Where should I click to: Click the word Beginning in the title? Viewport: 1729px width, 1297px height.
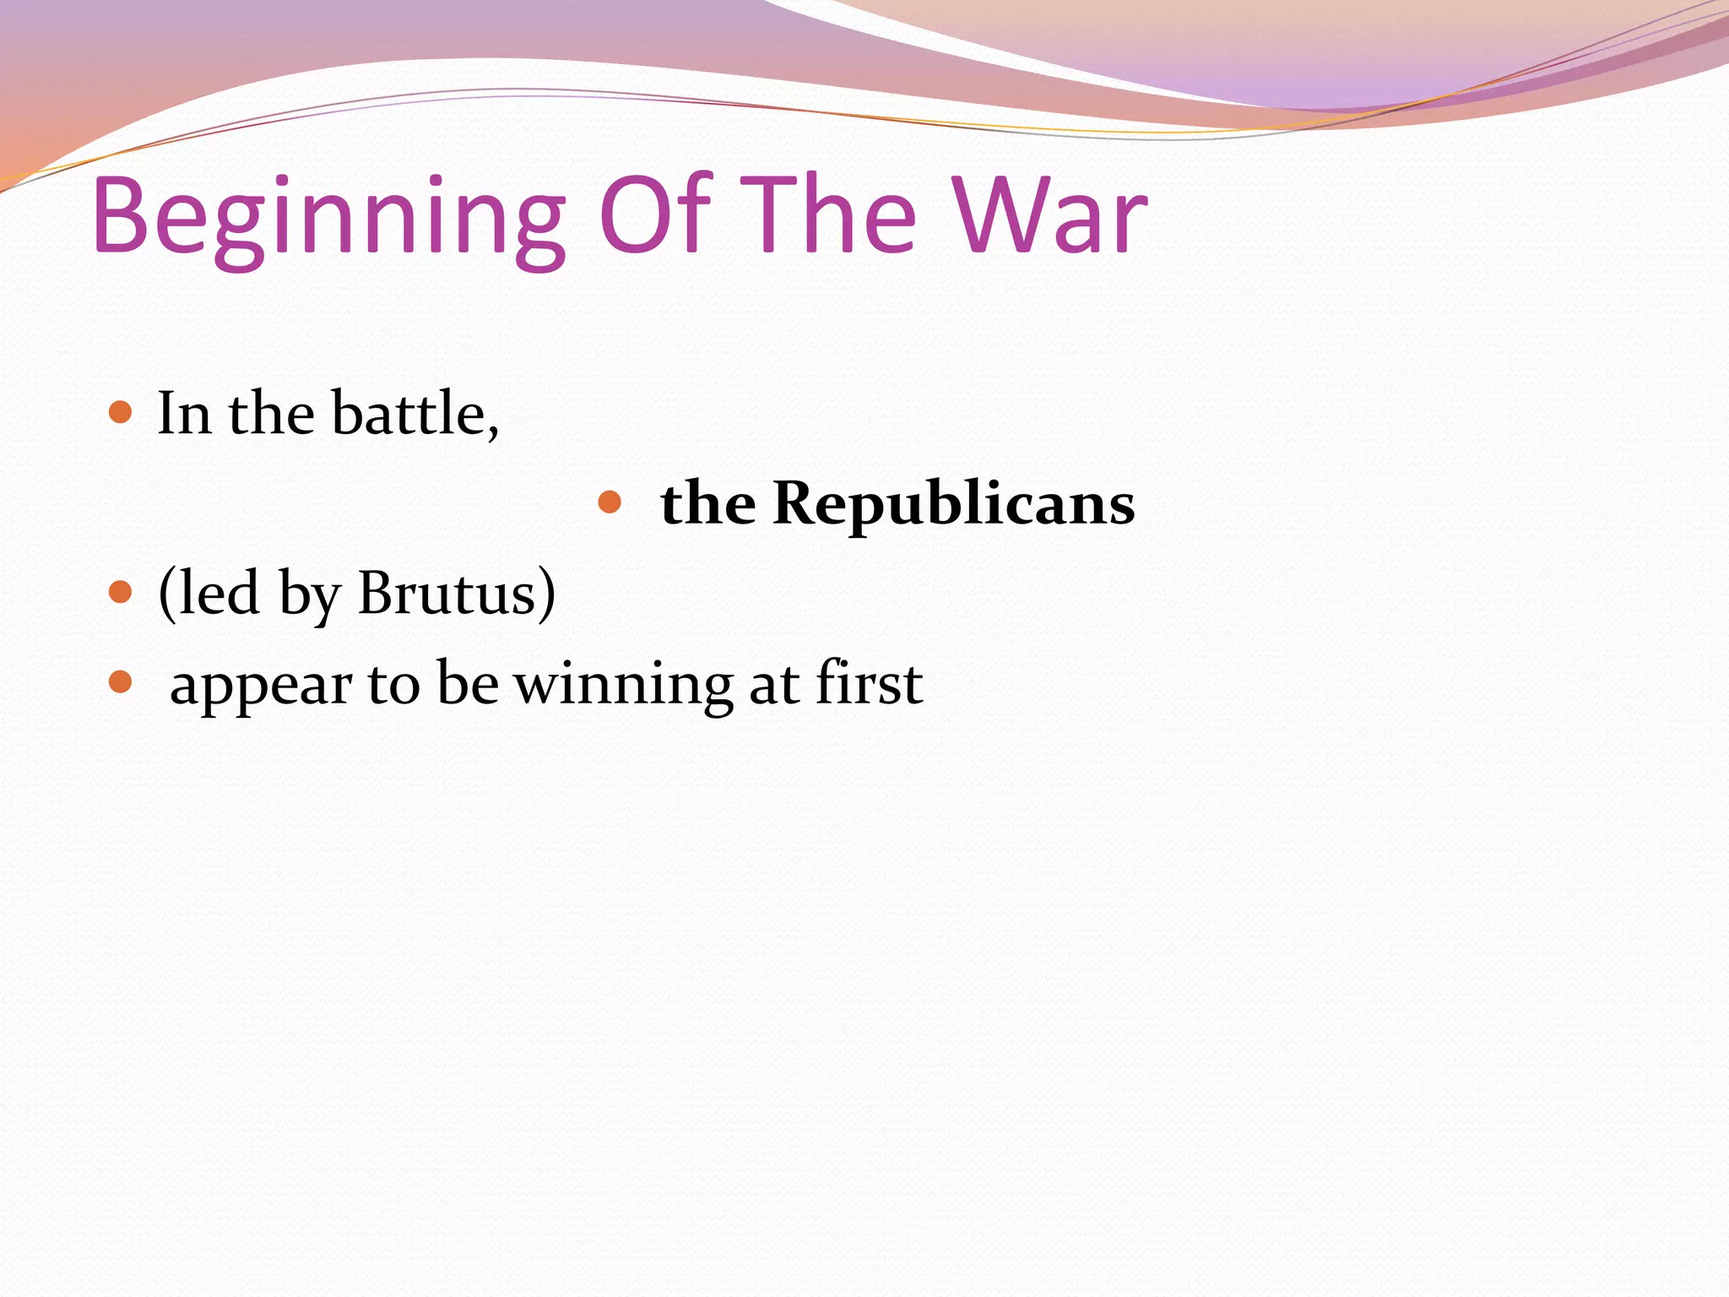pyautogui.click(x=328, y=218)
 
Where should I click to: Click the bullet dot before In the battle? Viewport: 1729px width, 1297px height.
pyautogui.click(x=121, y=413)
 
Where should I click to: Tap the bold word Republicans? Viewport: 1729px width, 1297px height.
pyautogui.click(x=953, y=503)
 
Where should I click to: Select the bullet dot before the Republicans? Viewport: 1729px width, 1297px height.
pyautogui.click(x=609, y=503)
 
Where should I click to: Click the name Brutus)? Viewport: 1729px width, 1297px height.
pyautogui.click(x=457, y=594)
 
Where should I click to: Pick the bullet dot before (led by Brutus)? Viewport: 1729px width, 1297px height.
pyautogui.click(x=121, y=592)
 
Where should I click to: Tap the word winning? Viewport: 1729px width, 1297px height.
pyautogui.click(x=624, y=683)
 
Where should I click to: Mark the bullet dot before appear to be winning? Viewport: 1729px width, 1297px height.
pyautogui.click(x=121, y=681)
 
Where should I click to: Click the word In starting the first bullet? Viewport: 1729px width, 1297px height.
pyautogui.click(x=184, y=414)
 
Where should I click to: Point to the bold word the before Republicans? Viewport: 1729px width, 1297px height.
pyautogui.click(x=707, y=503)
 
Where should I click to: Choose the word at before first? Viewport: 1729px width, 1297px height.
pyautogui.click(x=773, y=685)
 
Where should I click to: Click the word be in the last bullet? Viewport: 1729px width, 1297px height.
pyautogui.click(x=467, y=683)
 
